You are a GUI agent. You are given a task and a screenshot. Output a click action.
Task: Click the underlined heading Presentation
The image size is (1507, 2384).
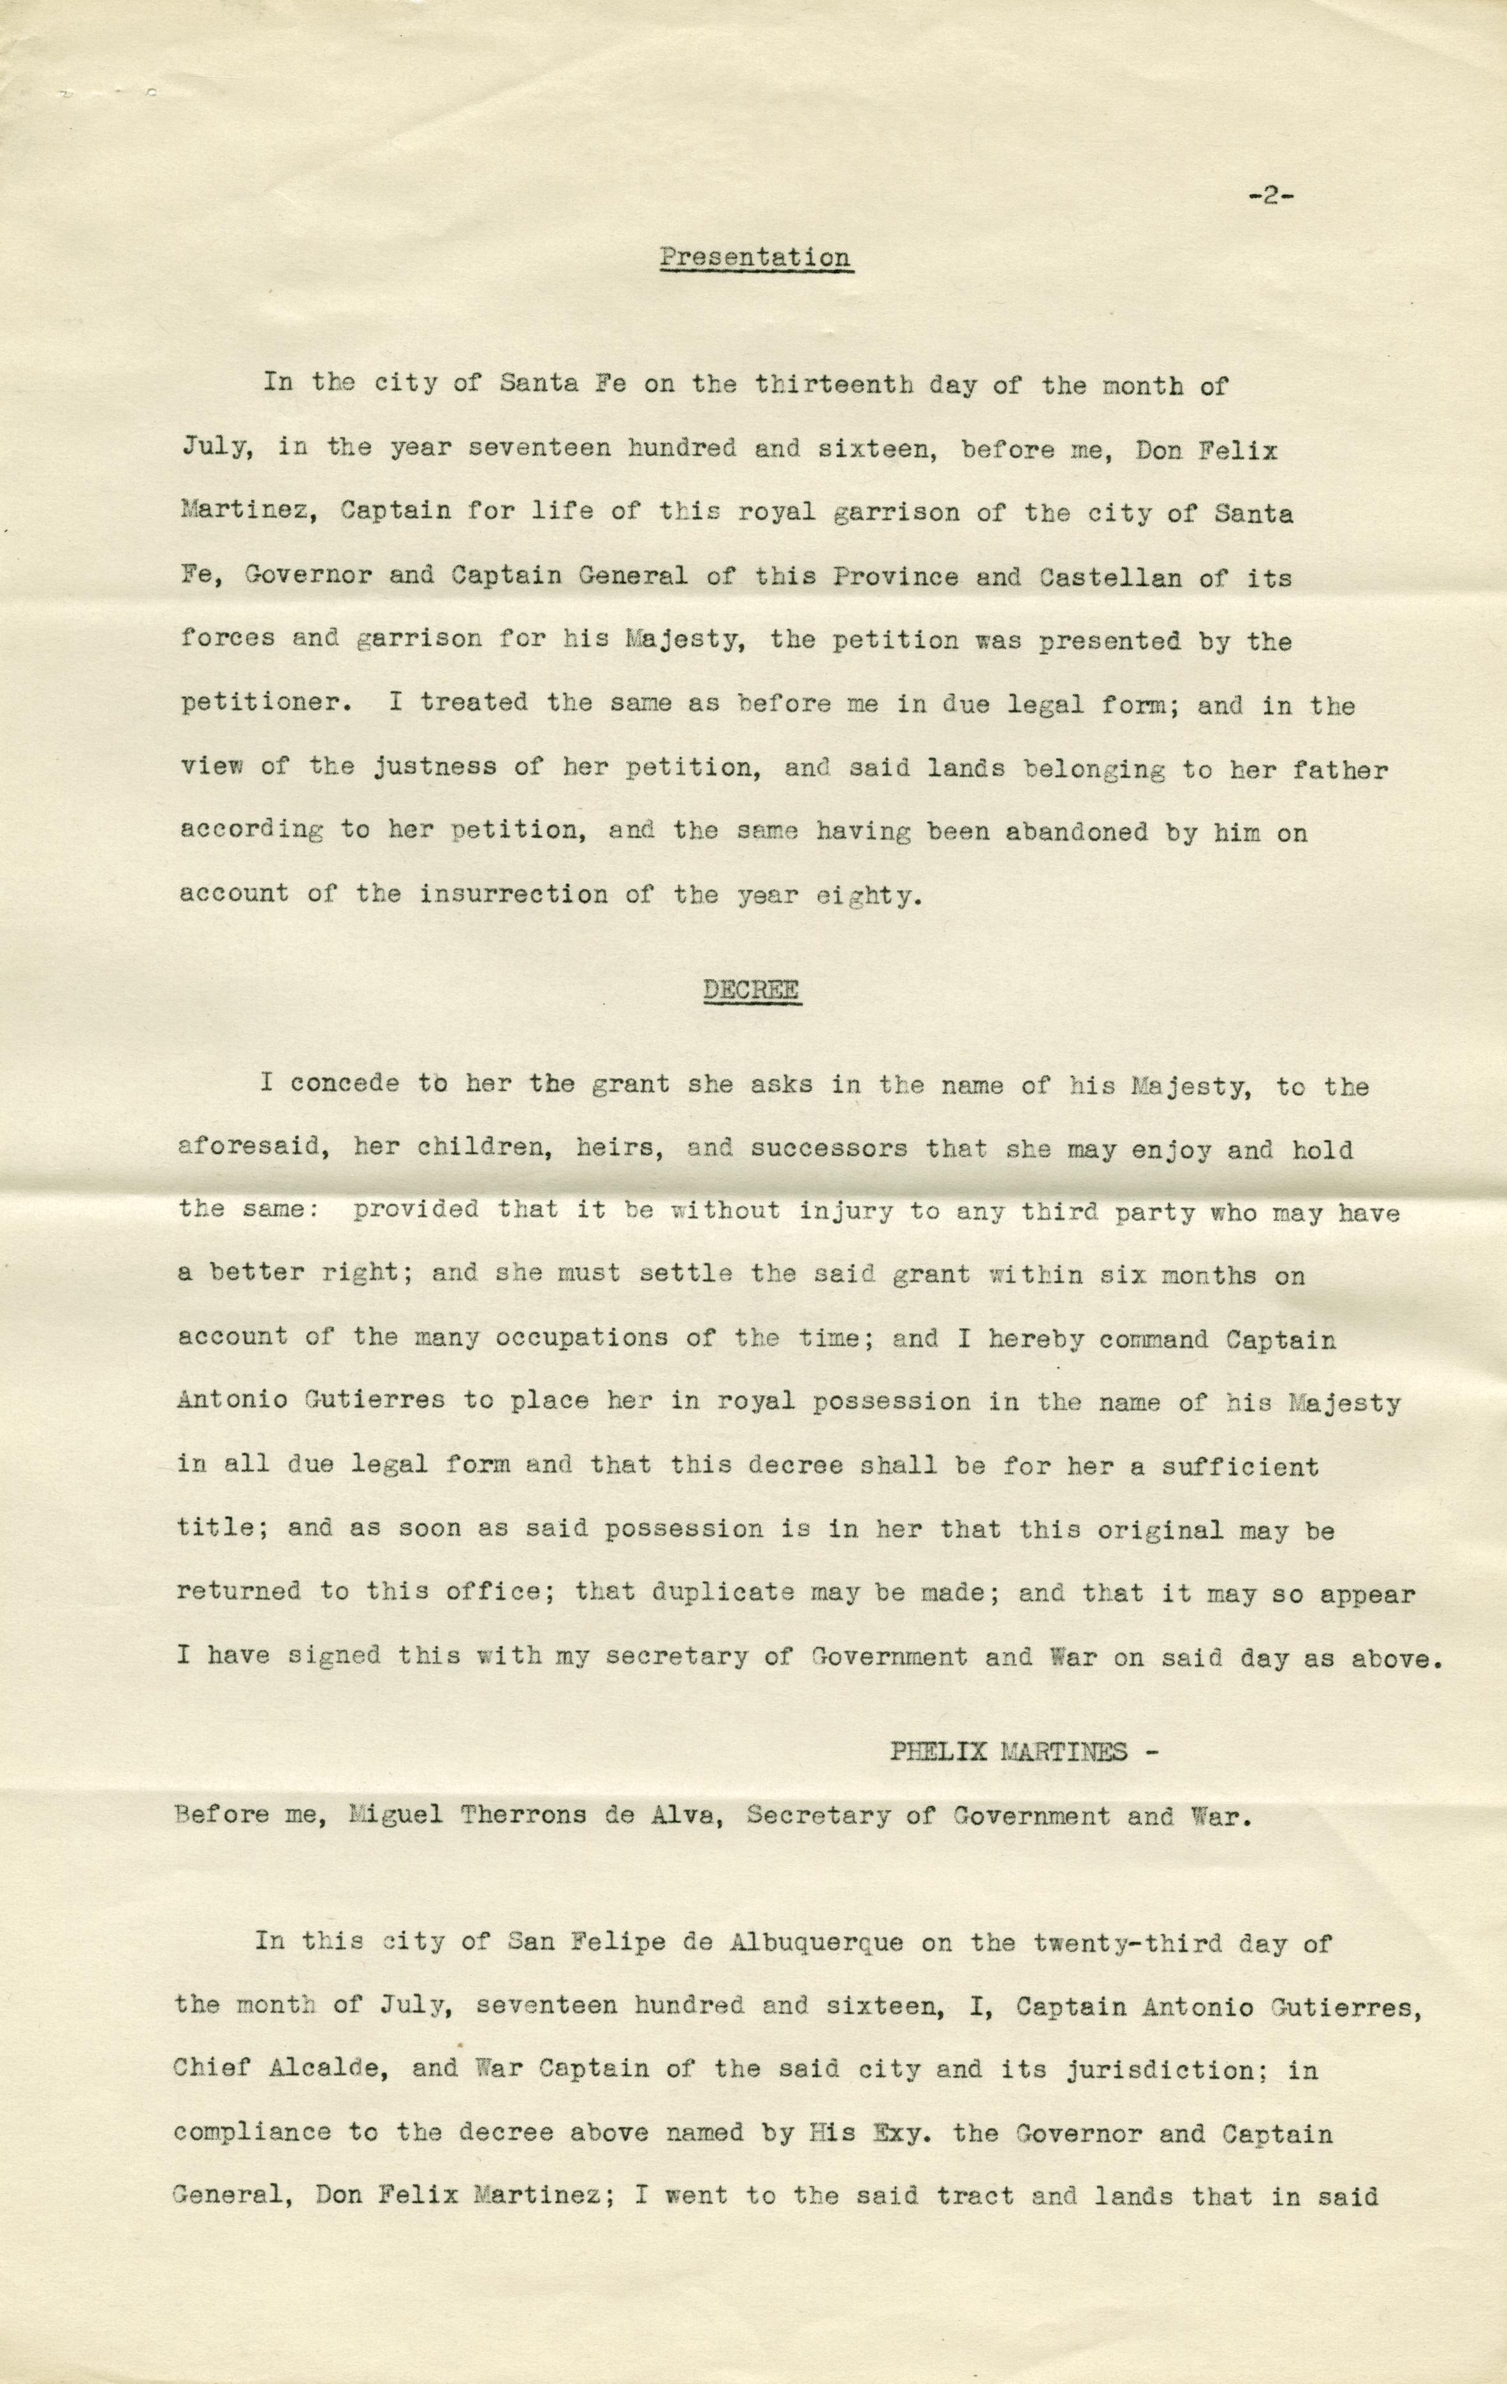coord(755,258)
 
